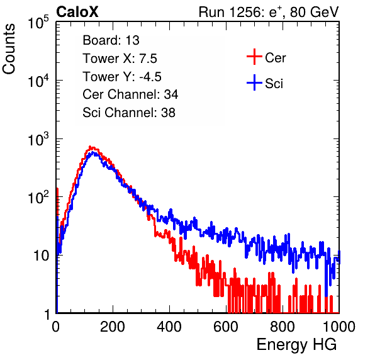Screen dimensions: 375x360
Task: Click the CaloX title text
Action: tap(77, 12)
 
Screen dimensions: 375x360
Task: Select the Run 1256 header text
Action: tap(269, 12)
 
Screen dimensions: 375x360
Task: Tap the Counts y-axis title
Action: tap(9, 49)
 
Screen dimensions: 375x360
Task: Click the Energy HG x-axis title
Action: tap(296, 344)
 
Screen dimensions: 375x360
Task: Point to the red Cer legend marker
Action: tap(254, 57)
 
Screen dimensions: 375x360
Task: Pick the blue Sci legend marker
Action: tap(254, 82)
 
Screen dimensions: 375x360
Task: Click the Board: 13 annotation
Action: tap(111, 40)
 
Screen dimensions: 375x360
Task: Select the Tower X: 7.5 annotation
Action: tap(120, 59)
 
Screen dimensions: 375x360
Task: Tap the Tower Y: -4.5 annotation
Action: tap(122, 77)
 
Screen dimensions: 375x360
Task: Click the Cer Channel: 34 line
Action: tap(130, 94)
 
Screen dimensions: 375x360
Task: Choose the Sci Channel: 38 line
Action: tap(129, 113)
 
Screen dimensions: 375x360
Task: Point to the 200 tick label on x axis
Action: tap(113, 327)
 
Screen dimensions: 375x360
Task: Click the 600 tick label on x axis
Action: tap(226, 327)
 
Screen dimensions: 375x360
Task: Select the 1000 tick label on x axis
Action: tap(339, 327)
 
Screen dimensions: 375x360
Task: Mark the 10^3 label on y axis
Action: tap(38, 139)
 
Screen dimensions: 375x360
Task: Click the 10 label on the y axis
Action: tap(42, 256)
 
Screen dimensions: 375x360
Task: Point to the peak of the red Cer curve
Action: tap(90, 147)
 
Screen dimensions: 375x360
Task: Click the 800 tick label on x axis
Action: tap(283, 327)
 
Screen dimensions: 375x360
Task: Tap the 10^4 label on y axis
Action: tap(38, 81)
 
